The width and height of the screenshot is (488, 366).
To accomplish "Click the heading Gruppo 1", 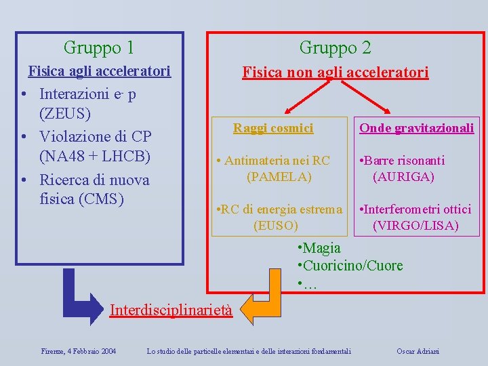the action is click(x=98, y=47).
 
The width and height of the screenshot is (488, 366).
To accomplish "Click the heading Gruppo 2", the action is click(x=335, y=47).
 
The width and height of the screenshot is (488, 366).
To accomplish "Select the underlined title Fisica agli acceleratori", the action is click(x=98, y=71).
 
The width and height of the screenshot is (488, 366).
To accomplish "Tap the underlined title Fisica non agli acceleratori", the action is click(x=335, y=72).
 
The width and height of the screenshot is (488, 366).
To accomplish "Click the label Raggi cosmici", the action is click(x=273, y=127).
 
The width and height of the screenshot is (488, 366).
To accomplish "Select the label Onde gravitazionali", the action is click(x=416, y=127).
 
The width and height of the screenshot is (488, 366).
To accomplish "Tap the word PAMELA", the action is click(x=279, y=177).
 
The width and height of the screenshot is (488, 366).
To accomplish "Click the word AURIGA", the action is click(x=403, y=177).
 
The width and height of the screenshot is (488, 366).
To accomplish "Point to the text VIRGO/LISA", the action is click(x=415, y=225).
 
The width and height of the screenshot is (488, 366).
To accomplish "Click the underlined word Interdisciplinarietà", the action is click(x=171, y=310).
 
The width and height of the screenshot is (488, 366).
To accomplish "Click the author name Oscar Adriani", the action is click(x=418, y=350).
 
